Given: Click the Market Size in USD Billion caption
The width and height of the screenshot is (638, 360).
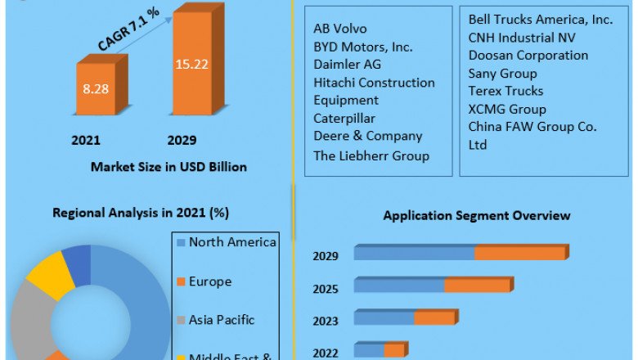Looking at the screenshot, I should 168,167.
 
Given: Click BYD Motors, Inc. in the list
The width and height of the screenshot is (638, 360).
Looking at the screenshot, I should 362,46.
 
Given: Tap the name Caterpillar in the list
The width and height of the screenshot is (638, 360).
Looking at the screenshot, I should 344,118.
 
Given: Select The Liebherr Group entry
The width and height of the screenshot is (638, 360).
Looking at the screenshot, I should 371,155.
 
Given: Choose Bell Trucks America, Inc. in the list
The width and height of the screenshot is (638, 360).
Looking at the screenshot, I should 540,20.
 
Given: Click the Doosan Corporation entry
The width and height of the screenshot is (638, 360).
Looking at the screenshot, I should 528,55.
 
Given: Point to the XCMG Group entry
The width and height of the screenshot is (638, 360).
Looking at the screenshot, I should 507,109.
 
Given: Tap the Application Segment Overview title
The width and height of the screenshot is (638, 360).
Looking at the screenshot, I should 477,216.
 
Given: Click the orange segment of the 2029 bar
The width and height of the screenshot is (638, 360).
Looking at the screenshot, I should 520,254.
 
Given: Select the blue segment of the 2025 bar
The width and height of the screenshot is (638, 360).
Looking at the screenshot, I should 399,285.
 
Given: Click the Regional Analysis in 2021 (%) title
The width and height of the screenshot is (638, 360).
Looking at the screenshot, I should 141,213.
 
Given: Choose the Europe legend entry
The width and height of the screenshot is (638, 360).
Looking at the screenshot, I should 209,281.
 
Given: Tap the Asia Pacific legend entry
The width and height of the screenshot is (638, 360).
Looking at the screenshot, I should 221,319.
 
